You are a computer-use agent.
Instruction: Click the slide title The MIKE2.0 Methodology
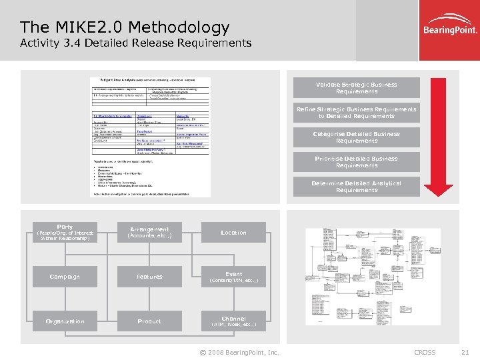point(125,27)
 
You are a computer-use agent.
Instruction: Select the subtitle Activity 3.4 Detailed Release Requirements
point(136,43)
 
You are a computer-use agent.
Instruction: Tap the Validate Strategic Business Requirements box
point(357,88)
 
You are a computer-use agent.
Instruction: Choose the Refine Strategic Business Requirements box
point(357,113)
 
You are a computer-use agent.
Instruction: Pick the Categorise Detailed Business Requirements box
point(357,137)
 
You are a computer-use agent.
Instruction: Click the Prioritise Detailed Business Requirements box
point(357,162)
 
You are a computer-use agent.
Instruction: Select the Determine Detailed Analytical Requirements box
point(357,187)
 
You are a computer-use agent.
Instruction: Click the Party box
point(65,232)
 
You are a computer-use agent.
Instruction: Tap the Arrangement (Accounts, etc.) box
point(149,232)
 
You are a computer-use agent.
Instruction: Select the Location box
point(233,232)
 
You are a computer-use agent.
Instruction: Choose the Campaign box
point(65,277)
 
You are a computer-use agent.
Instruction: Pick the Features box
point(149,277)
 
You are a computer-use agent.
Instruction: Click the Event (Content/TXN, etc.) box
point(233,277)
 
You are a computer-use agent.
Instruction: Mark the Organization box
point(65,321)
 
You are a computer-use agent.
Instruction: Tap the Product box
point(149,321)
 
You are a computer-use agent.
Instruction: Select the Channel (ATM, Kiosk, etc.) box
point(233,321)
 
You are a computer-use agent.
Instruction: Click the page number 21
point(465,352)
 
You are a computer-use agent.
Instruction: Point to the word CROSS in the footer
point(425,352)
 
